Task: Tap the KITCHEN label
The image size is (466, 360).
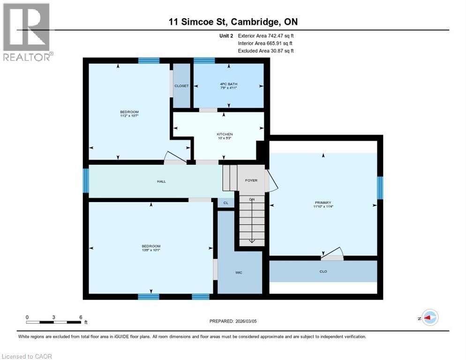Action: [225, 134]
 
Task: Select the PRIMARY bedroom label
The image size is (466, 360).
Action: [323, 202]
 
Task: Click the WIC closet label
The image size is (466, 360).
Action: [239, 272]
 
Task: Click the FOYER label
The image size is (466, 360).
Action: [251, 180]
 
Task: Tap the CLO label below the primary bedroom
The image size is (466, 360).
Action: [323, 271]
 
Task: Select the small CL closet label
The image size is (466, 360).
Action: [225, 203]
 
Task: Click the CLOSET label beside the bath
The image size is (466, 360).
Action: [181, 86]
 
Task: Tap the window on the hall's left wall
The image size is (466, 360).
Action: [86, 181]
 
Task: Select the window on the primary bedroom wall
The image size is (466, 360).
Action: [380, 187]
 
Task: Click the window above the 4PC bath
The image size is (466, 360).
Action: [204, 60]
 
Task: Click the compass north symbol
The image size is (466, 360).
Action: [429, 318]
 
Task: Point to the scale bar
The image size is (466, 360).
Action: [54, 322]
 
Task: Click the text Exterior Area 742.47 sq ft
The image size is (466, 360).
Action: [266, 36]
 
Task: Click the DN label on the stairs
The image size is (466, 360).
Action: [251, 200]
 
